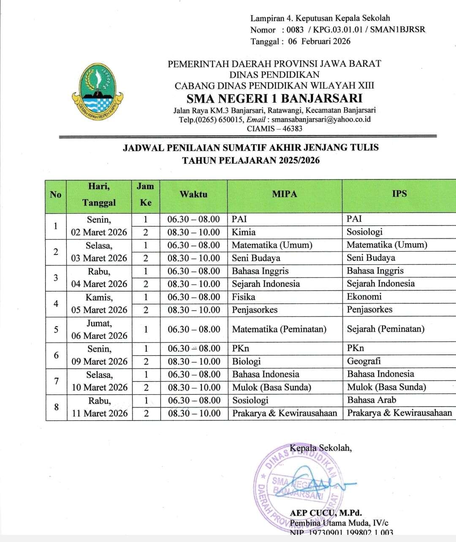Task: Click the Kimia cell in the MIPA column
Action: pyautogui.click(x=244, y=232)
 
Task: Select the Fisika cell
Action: pyautogui.click(x=244, y=297)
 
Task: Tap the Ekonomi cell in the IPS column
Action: pyautogui.click(x=364, y=296)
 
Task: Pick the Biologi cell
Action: pyautogui.click(x=246, y=361)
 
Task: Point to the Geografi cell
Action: pyautogui.click(x=364, y=361)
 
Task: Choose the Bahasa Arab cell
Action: pyautogui.click(x=372, y=400)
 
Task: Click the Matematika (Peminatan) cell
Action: pyautogui.click(x=279, y=329)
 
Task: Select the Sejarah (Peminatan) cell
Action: pyautogui.click(x=385, y=329)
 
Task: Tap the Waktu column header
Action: pyautogui.click(x=193, y=194)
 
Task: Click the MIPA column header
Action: pyautogui.click(x=284, y=194)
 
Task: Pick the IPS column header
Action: pyautogui.click(x=399, y=194)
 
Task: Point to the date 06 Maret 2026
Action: pyautogui.click(x=99, y=336)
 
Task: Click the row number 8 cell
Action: pyautogui.click(x=56, y=407)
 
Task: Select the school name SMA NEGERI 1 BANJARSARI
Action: pyautogui.click(x=274, y=98)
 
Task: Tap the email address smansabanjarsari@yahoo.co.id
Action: pyautogui.click(x=321, y=119)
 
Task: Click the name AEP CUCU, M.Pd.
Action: pyautogui.click(x=326, y=513)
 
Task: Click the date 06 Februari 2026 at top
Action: pyautogui.click(x=319, y=41)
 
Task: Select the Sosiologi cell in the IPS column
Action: pyautogui.click(x=364, y=232)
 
